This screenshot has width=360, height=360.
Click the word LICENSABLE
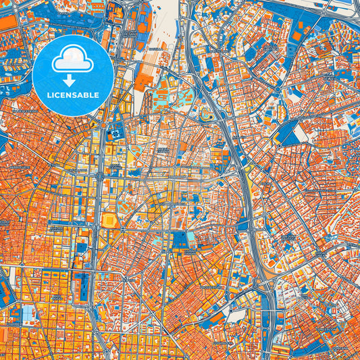72,95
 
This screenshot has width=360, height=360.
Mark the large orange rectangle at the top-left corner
8,22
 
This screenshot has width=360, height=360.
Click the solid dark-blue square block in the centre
180,239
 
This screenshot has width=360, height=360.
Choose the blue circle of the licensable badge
41,74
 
